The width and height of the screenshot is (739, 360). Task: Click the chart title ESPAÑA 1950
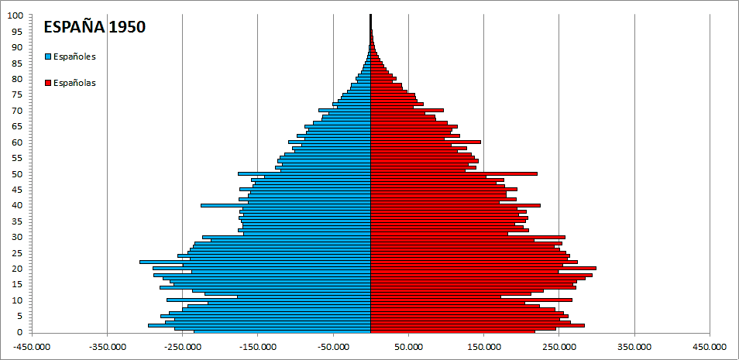click(95, 26)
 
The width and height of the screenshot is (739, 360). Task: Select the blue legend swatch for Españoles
click(48, 57)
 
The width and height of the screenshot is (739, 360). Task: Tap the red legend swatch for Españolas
click(48, 83)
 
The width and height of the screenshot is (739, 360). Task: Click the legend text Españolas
click(75, 83)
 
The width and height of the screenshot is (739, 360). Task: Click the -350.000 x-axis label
click(107, 348)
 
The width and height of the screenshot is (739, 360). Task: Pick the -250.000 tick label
click(182, 348)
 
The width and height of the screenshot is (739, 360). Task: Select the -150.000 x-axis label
click(258, 348)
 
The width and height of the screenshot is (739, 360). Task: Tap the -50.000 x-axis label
click(333, 348)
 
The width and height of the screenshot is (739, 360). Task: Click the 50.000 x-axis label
click(408, 348)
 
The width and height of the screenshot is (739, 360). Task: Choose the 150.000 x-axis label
click(483, 348)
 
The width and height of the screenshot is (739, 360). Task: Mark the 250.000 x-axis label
click(559, 348)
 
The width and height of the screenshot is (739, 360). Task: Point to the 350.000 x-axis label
click(634, 348)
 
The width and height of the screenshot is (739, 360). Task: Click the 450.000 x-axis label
click(710, 348)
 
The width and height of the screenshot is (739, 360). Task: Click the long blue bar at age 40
click(287, 205)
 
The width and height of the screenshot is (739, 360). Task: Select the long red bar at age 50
click(457, 173)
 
